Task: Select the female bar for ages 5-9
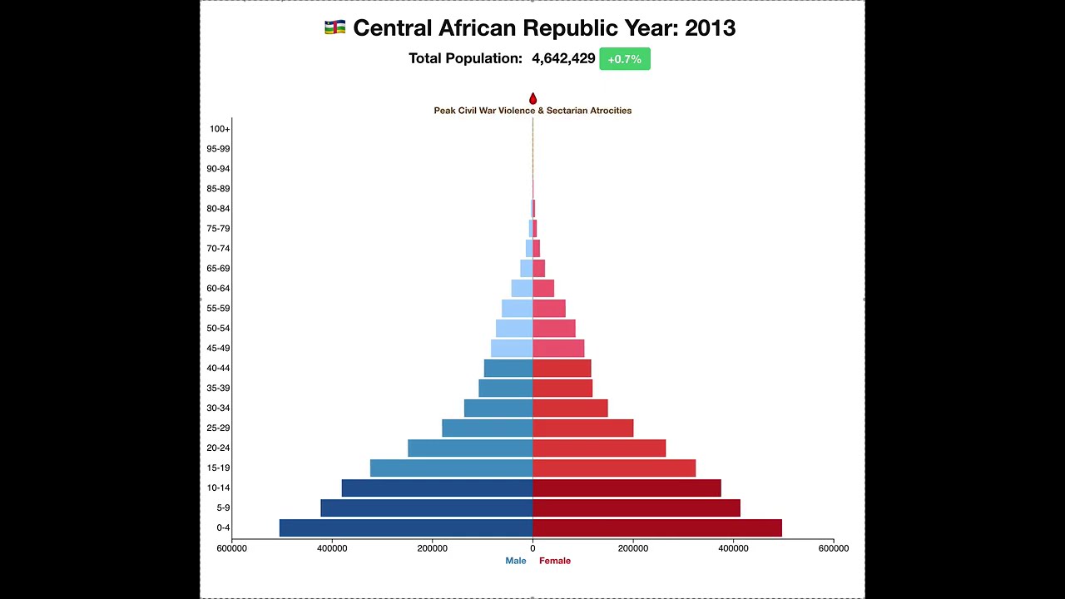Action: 637,507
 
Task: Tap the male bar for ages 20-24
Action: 470,448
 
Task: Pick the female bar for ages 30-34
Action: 570,408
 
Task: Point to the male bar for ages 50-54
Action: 514,328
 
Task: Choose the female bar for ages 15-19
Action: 614,468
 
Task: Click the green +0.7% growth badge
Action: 625,59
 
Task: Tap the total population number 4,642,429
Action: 563,59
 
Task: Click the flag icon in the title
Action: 334,28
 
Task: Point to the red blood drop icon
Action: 532,99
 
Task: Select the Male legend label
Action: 516,561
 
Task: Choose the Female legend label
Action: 555,561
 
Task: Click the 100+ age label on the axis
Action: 220,129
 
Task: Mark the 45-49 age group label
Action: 218,349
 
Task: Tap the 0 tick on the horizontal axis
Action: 532,548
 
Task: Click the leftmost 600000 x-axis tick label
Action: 231,548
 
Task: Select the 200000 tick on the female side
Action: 632,548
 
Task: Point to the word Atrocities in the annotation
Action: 610,111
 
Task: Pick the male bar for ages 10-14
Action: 437,488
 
